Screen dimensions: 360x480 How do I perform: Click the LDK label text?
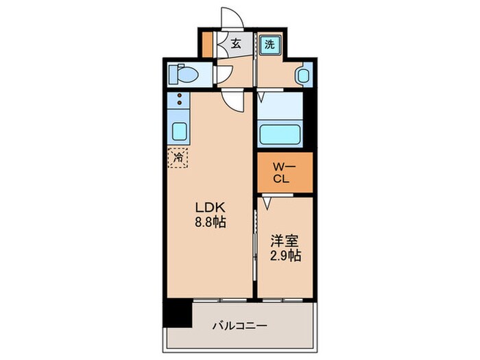[211, 208]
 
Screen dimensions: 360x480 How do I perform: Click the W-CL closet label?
[285, 174]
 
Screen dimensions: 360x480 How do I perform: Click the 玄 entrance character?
[235, 43]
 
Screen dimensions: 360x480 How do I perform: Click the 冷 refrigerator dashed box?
[178, 158]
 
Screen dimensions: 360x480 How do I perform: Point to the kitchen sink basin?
[179, 130]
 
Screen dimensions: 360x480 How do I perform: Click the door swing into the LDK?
[235, 101]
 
